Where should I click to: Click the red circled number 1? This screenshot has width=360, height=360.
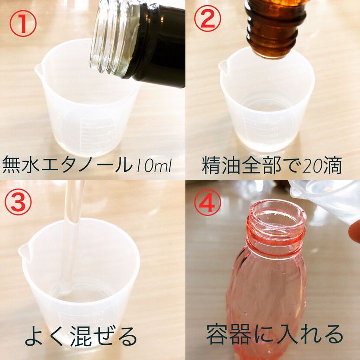click(x=23, y=23)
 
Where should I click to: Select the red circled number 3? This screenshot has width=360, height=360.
click(x=18, y=202)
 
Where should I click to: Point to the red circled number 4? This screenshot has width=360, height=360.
click(x=208, y=202)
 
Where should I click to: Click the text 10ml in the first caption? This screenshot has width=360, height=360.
click(x=154, y=166)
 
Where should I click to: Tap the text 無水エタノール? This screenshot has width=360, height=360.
click(x=68, y=164)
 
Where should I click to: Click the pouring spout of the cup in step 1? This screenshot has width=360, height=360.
click(x=39, y=70)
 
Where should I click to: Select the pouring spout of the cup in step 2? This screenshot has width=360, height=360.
click(x=222, y=66)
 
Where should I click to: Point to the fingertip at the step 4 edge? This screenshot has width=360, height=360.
click(x=354, y=230)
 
